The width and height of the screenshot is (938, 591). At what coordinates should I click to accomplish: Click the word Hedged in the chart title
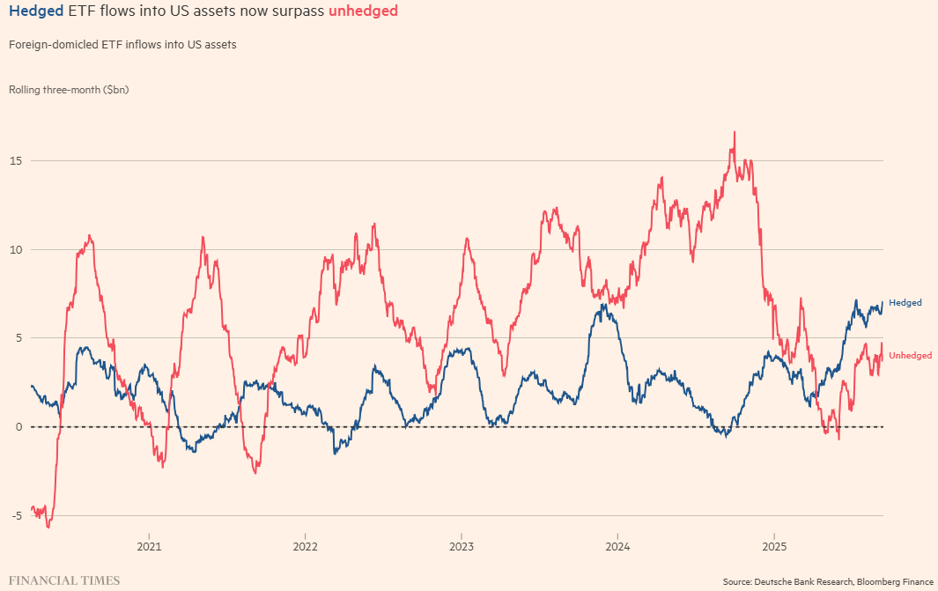click(x=35, y=11)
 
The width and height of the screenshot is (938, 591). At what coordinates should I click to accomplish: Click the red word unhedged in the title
click(x=363, y=11)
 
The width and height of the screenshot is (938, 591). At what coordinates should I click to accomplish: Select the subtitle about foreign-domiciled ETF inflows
click(x=122, y=44)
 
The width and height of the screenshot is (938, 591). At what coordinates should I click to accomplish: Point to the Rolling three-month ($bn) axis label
click(x=69, y=90)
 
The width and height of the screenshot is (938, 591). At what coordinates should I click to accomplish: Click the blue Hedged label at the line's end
click(x=905, y=303)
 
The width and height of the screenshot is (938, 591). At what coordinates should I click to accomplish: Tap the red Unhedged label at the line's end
click(x=910, y=356)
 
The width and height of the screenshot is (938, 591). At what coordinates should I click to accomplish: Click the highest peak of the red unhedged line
click(x=734, y=133)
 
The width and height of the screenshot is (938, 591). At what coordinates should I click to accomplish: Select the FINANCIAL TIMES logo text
click(x=64, y=581)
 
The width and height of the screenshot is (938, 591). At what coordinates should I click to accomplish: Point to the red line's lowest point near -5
click(x=48, y=526)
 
